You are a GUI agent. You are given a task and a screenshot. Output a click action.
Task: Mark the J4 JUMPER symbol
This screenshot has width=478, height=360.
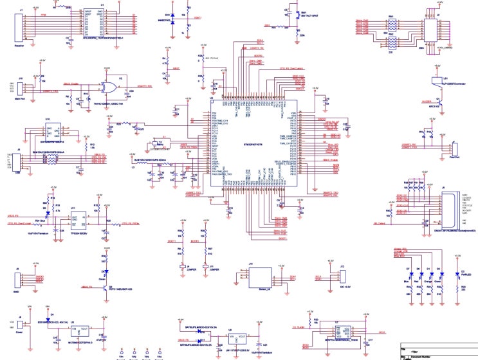184,265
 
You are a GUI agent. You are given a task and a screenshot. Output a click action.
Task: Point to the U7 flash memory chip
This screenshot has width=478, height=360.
337,334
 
